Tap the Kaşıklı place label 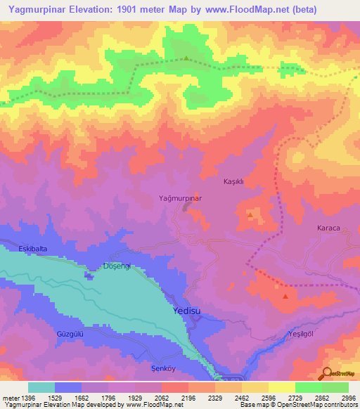point(233,181)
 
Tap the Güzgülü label point(70,335)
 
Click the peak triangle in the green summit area point(186,58)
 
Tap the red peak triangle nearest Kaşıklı point(250,213)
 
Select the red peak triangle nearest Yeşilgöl point(285,296)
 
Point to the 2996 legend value point(347,398)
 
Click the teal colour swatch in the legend point(41,387)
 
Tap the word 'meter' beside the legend point(11,398)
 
